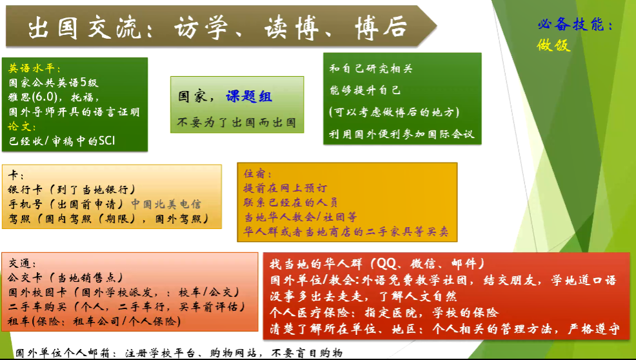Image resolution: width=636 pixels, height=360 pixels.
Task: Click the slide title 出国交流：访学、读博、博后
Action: click(218, 28)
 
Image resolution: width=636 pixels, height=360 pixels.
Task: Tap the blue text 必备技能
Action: click(571, 25)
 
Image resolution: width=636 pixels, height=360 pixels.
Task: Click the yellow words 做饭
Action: click(553, 45)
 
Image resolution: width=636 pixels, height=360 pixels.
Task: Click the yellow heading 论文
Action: click(19, 126)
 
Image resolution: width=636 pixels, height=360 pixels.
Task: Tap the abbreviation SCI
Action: click(106, 141)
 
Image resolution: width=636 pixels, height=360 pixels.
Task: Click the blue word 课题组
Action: click(249, 97)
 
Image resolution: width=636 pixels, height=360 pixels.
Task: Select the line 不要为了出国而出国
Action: click(236, 123)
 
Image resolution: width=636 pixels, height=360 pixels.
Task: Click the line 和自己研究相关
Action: click(371, 68)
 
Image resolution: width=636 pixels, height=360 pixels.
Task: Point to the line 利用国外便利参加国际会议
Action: click(401, 134)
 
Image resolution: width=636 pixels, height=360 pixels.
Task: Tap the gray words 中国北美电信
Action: click(166, 204)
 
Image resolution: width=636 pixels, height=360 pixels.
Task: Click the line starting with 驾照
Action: click(108, 219)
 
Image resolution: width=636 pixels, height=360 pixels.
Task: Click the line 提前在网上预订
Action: click(284, 188)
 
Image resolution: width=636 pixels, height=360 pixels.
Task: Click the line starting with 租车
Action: click(94, 321)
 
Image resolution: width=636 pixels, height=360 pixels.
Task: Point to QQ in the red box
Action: click(386, 264)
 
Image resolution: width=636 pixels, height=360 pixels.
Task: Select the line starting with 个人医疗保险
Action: click(384, 312)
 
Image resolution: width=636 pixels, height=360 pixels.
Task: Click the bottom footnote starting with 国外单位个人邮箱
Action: click(179, 353)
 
